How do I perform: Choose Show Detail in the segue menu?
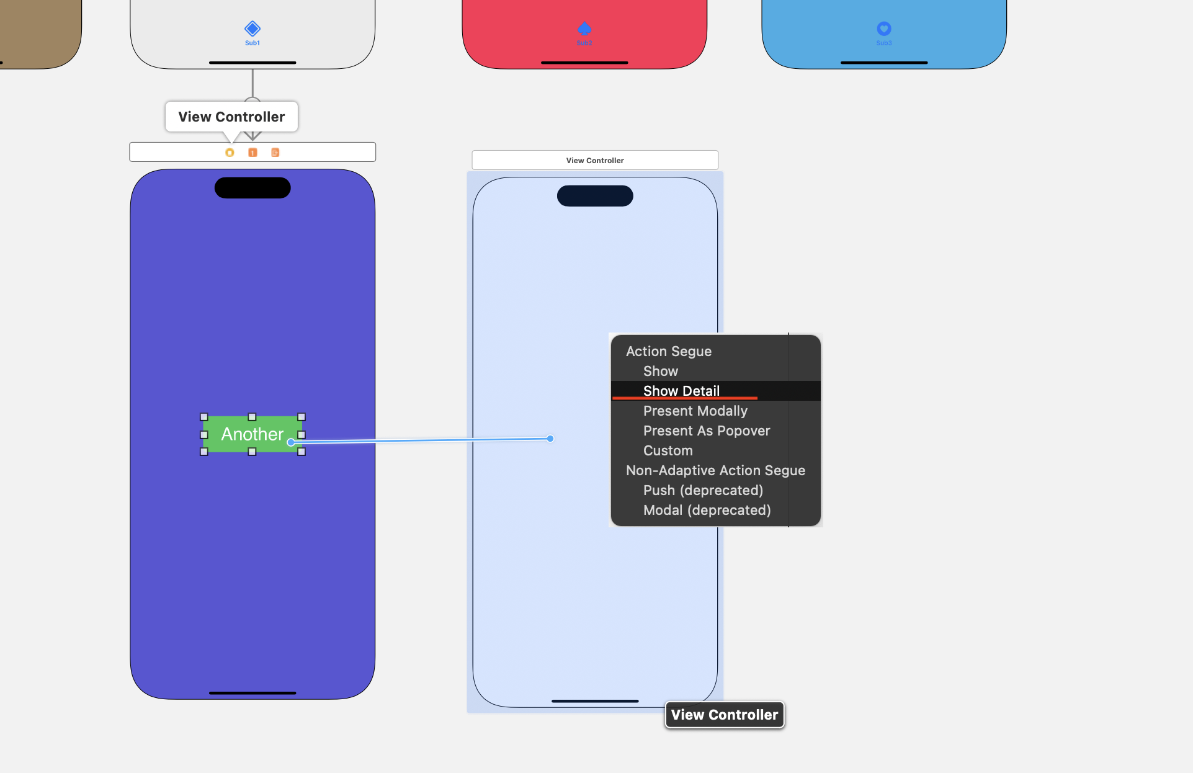point(681,391)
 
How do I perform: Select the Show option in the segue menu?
point(660,371)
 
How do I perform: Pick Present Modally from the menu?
point(695,411)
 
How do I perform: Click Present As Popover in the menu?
point(706,431)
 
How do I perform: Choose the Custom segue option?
point(668,450)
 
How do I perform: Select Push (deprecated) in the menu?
point(703,490)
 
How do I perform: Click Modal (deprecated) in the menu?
point(707,510)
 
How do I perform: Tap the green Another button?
point(251,434)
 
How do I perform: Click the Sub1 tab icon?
point(252,29)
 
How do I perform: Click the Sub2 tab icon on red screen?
point(584,29)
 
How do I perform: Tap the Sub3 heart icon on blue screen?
point(884,29)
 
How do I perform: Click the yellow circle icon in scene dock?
point(230,153)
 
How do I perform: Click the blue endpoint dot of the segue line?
point(550,439)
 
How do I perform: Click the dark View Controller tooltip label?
point(724,715)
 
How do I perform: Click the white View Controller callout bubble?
point(231,117)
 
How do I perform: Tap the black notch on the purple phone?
point(252,188)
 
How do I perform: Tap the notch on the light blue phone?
point(595,196)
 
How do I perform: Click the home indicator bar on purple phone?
point(252,692)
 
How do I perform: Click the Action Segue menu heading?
point(668,351)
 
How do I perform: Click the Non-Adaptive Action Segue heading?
point(715,470)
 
